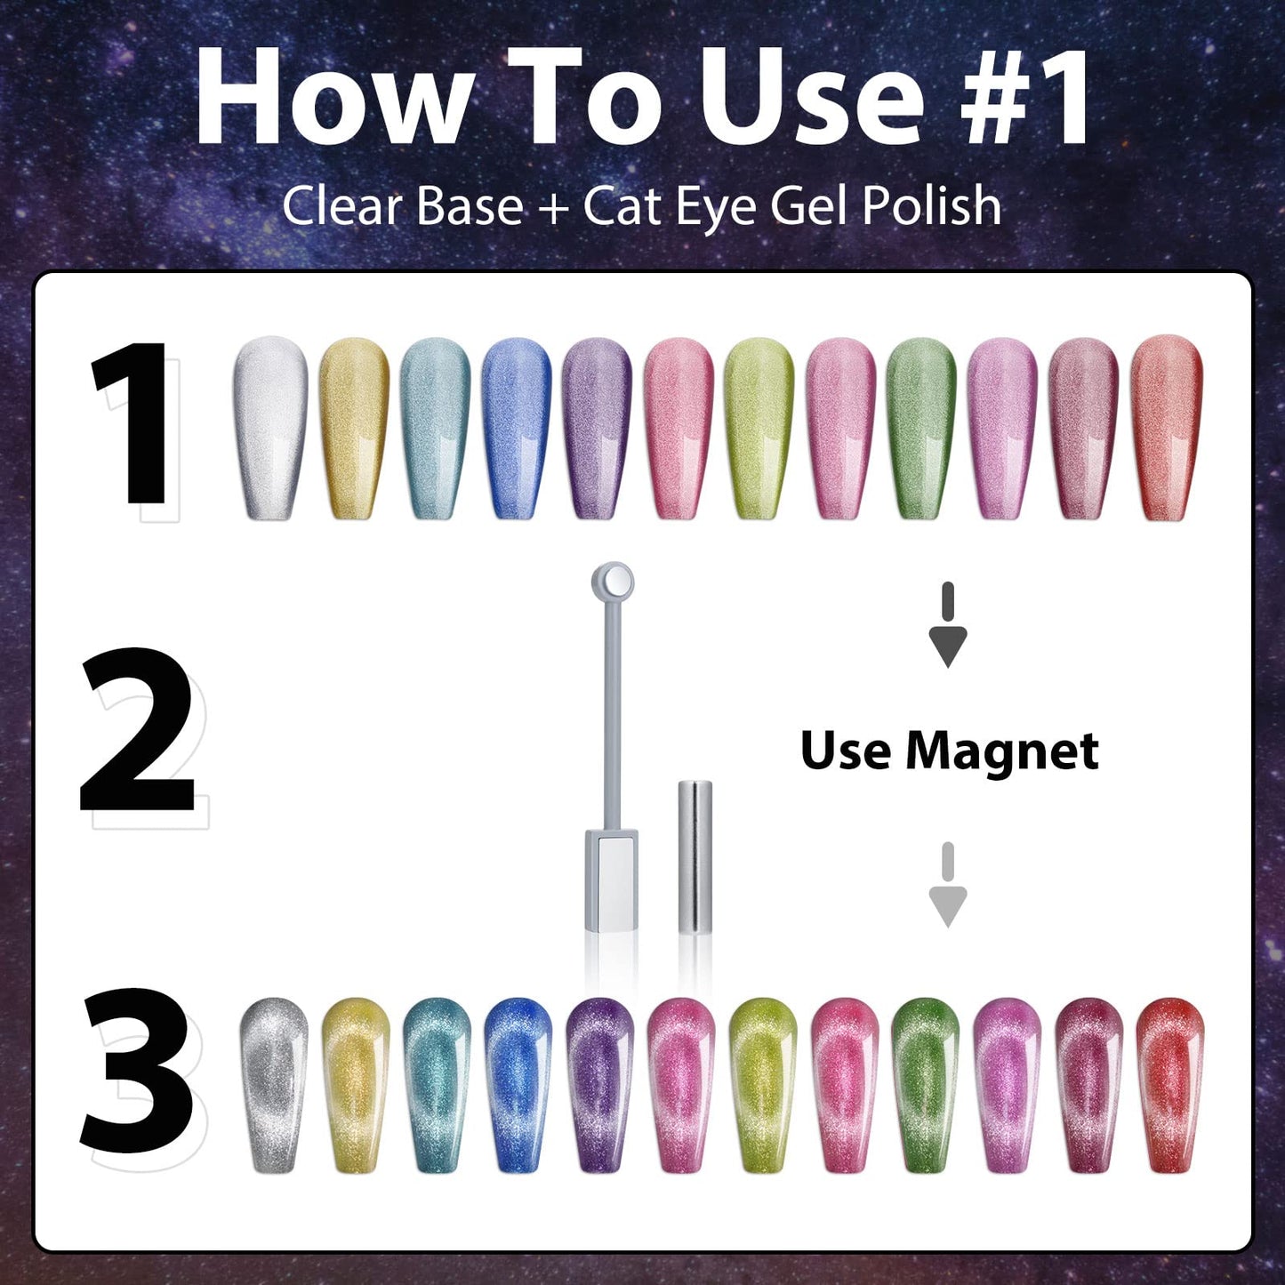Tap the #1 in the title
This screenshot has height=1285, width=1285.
1024,96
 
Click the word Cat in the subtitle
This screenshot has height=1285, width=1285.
622,206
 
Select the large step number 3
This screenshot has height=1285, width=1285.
138,1071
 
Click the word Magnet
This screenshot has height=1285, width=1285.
1001,752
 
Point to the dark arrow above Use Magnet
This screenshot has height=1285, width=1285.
947,626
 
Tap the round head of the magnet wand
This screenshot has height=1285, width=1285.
613,582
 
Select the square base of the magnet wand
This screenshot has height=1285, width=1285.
612,879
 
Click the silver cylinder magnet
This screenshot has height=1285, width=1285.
695,855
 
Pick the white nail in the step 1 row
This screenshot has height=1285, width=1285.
270,427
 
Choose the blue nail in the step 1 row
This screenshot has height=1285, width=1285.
516,427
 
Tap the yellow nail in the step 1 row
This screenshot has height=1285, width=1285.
353,427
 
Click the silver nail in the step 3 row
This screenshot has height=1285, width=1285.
274,1083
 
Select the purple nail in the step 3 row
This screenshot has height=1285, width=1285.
598,1083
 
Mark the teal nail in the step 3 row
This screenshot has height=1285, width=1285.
436,1083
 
